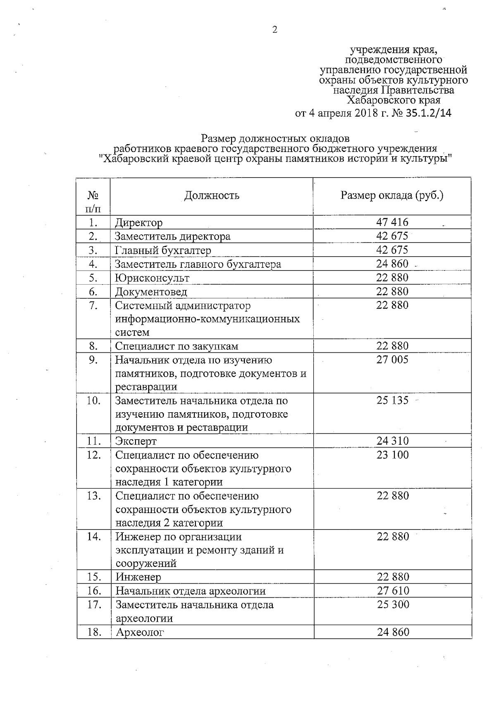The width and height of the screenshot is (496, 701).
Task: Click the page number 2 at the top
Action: click(274, 29)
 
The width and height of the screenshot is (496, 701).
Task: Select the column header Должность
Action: click(211, 195)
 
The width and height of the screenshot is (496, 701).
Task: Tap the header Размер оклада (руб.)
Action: click(392, 195)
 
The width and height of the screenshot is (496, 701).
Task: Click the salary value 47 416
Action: click(392, 222)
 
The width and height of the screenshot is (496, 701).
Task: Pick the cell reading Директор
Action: click(138, 223)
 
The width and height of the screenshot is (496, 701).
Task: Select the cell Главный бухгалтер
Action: click(163, 250)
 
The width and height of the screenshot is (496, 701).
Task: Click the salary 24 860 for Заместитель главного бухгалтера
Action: click(392, 264)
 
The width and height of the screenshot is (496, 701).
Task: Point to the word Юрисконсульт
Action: click(152, 278)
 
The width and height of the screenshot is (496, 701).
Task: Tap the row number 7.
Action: click(93, 305)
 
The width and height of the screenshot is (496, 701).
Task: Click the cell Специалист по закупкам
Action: click(176, 346)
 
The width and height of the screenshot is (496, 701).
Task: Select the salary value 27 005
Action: click(392, 359)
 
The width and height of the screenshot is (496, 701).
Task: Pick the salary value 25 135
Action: click(392, 400)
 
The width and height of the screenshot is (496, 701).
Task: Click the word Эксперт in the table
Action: click(136, 441)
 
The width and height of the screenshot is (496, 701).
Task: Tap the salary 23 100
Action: click(392, 455)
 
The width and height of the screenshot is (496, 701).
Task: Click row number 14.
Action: click(94, 537)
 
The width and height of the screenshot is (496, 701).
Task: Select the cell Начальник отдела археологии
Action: click(190, 591)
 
